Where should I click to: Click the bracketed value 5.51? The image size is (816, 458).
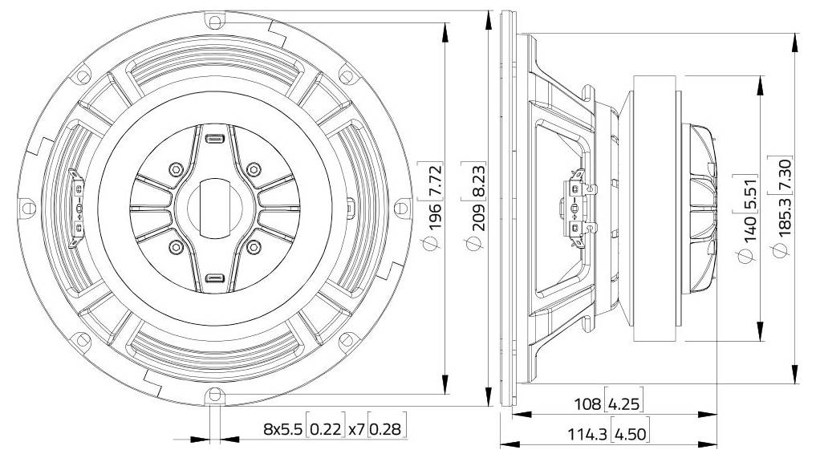(749, 192)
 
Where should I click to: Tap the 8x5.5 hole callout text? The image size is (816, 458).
(282, 429)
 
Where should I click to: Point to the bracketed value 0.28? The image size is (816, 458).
(387, 429)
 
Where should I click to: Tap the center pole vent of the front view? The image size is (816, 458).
(214, 208)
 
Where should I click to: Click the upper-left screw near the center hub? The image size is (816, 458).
(175, 169)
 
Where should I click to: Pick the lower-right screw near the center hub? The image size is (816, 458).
(253, 246)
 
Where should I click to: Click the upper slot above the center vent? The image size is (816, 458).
(214, 140)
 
